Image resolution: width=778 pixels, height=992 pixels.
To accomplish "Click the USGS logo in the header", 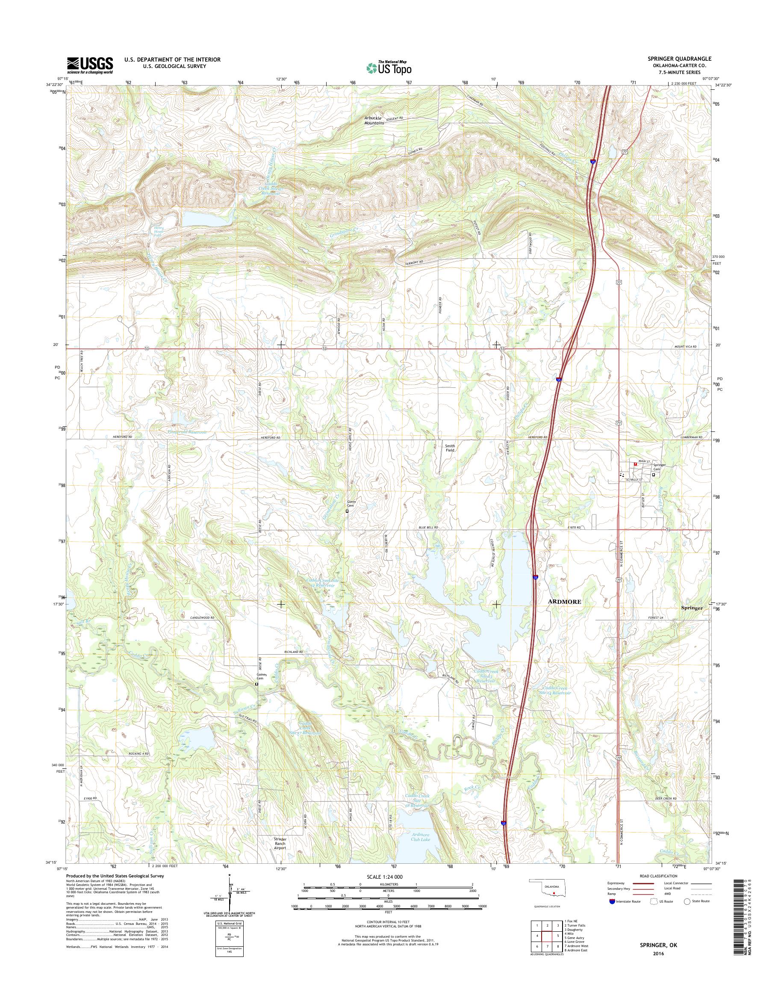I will [90, 65].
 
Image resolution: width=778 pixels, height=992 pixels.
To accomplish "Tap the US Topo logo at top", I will [389, 68].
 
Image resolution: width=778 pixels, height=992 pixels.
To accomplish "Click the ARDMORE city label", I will [564, 602].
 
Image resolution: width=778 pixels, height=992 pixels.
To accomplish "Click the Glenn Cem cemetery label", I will [351, 504].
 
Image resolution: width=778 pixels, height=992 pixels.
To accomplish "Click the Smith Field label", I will [450, 448].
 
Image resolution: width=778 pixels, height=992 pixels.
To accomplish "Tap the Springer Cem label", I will [659, 466].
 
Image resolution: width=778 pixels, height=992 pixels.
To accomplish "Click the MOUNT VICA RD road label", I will [686, 347].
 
